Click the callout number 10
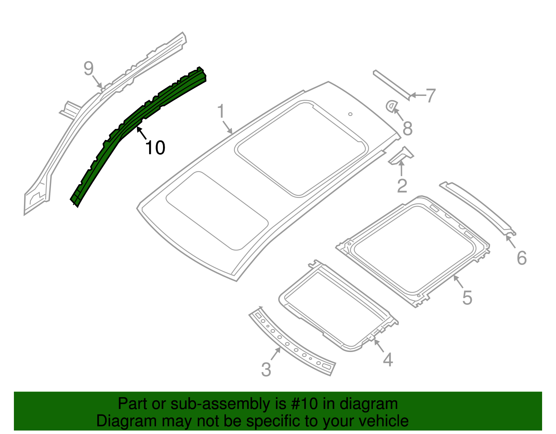pyautogui.click(x=155, y=148)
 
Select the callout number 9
pyautogui.click(x=89, y=68)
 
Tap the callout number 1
pyautogui.click(x=221, y=112)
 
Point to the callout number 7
pyautogui.click(x=431, y=95)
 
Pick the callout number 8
pyautogui.click(x=407, y=129)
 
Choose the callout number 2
pyautogui.click(x=402, y=186)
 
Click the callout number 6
pyautogui.click(x=522, y=258)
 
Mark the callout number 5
pyautogui.click(x=467, y=298)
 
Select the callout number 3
pyautogui.click(x=266, y=369)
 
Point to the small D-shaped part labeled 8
pyautogui.click(x=391, y=106)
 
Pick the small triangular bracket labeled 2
pyautogui.click(x=402, y=156)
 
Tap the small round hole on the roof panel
pyautogui.click(x=350, y=114)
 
